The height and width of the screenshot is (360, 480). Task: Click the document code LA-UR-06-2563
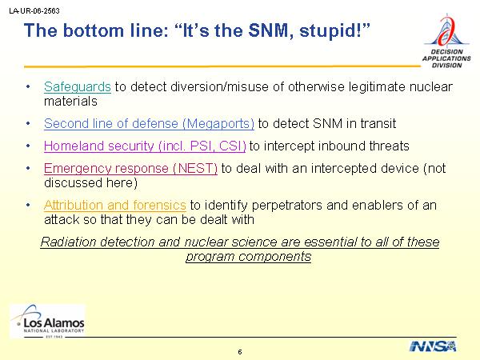pos(34,10)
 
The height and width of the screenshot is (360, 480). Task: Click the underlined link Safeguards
pos(78,87)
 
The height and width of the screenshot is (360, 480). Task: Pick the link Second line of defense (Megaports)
pos(149,124)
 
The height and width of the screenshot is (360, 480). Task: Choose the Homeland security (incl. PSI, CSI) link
pos(145,146)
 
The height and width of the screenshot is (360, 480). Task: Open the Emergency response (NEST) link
pos(130,168)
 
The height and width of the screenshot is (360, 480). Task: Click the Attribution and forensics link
pos(114,205)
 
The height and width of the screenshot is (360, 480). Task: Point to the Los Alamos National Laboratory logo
pos(48,321)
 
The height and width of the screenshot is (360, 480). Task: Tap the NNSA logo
pos(433,346)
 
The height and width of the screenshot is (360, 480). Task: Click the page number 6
pos(240,352)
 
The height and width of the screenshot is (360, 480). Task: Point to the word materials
pos(70,102)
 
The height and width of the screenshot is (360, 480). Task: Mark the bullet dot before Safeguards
pos(28,87)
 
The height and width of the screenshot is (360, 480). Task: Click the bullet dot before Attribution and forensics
pos(28,205)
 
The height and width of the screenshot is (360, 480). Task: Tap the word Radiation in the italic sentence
pos(68,242)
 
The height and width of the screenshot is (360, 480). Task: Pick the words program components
pos(248,257)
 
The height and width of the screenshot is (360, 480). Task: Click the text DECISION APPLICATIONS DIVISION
pos(446,58)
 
